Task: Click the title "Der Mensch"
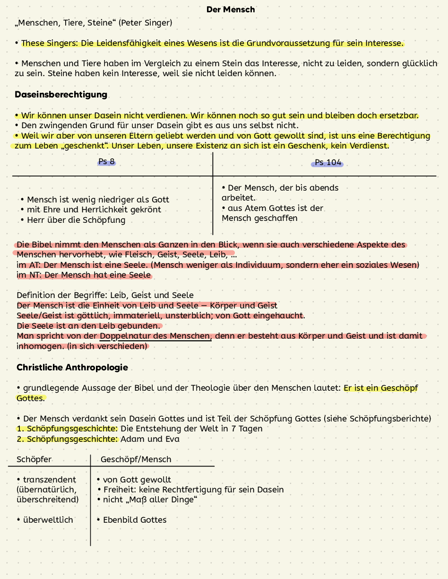pyautogui.click(x=231, y=9)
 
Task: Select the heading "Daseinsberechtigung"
pyautogui.click(x=61, y=95)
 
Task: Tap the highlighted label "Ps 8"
pyautogui.click(x=107, y=162)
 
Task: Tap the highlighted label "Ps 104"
pyautogui.click(x=327, y=163)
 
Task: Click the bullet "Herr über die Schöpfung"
pyautogui.click(x=76, y=220)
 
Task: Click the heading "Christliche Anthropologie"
pyautogui.click(x=72, y=368)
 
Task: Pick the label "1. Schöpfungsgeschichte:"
pyautogui.click(x=67, y=429)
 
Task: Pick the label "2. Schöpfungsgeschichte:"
pyautogui.click(x=67, y=439)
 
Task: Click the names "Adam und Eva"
pyautogui.click(x=150, y=439)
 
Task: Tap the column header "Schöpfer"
pyautogui.click(x=34, y=459)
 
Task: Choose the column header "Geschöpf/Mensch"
pyautogui.click(x=136, y=459)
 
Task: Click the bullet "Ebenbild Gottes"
pyautogui.click(x=135, y=520)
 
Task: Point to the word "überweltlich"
pyautogui.click(x=48, y=520)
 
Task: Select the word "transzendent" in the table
pyautogui.click(x=49, y=480)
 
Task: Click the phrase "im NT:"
pyautogui.click(x=29, y=275)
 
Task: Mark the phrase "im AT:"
pyautogui.click(x=29, y=265)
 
